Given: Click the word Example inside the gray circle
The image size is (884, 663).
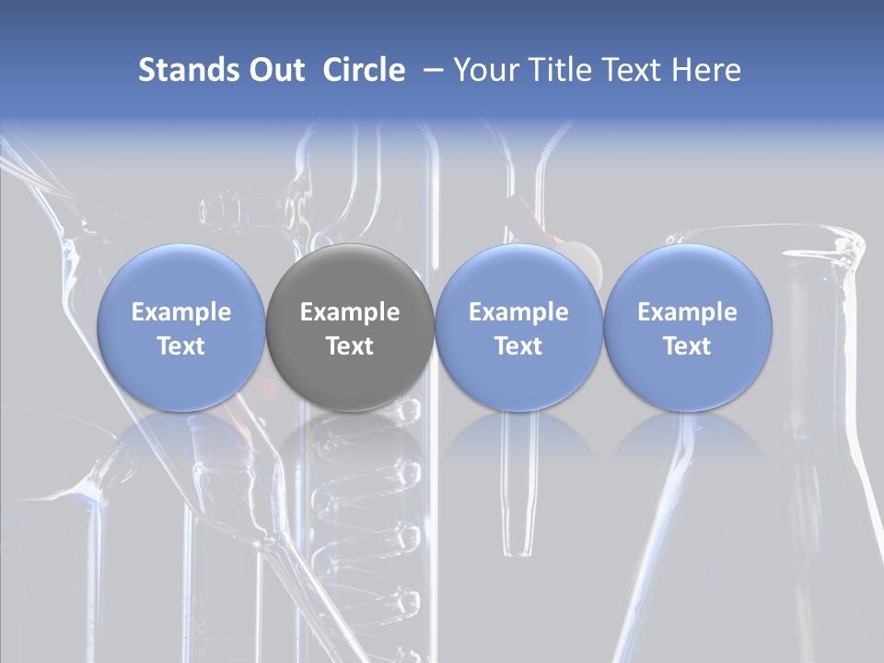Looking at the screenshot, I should coord(350,312).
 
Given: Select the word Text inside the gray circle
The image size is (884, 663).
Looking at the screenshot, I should coord(350,346).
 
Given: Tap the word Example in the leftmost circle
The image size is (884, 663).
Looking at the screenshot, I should coord(181,312).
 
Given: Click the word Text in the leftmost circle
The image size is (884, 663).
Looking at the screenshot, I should coord(181,346).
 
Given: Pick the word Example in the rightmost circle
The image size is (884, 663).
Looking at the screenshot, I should coord(688,312).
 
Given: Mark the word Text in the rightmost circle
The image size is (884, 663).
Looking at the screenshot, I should coord(688,346).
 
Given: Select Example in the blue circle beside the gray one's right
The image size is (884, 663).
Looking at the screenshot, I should coord(518,312).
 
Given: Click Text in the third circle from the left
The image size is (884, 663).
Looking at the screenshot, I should coord(518,346).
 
